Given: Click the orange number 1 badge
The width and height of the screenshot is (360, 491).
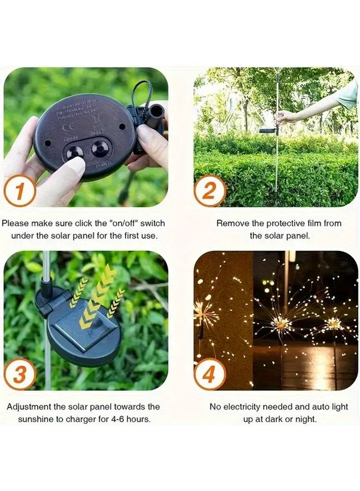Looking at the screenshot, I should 20,191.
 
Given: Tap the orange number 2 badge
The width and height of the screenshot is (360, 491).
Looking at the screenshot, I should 210,191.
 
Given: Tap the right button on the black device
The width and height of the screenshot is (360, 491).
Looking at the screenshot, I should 100,148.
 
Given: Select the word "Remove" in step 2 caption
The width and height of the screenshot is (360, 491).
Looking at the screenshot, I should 231,223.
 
